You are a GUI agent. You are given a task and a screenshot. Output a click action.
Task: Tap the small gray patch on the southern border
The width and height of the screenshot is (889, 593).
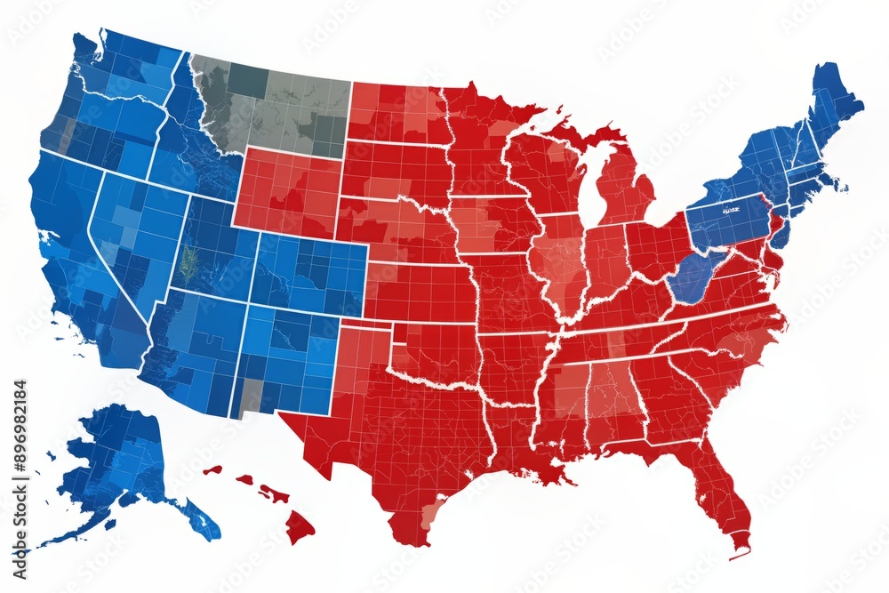pos(252,391)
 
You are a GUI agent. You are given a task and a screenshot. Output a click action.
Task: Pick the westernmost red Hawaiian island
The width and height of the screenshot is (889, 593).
pos(212,469)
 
